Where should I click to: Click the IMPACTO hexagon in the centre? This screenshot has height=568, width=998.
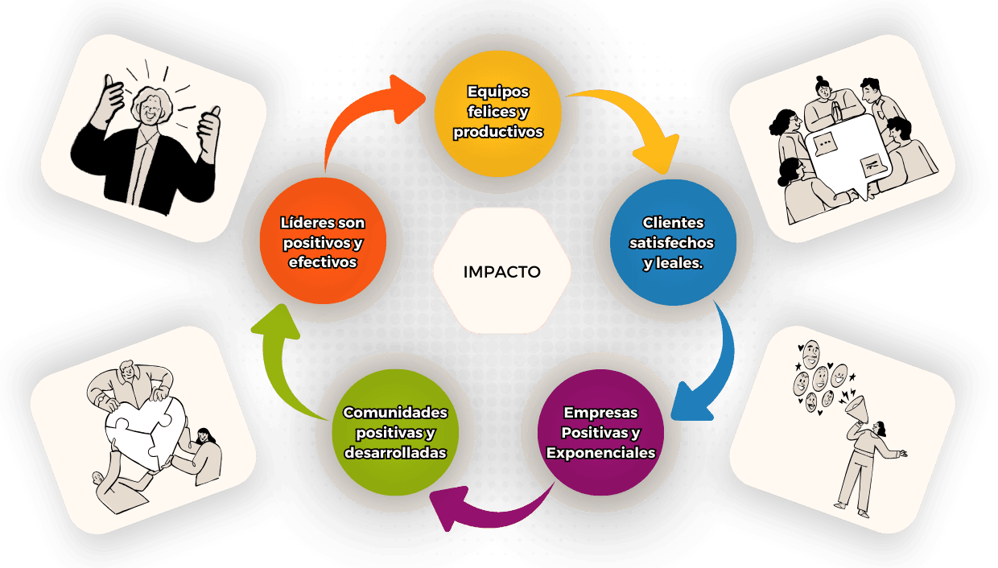[x=502, y=271]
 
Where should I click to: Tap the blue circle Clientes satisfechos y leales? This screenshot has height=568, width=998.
[x=673, y=243]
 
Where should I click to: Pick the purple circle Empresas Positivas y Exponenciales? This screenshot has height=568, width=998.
[x=600, y=433]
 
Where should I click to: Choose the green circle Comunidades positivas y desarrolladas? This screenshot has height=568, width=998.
[x=395, y=433]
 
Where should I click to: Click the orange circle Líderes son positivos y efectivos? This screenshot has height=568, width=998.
[x=323, y=242]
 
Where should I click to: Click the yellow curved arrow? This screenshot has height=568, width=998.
[x=636, y=121]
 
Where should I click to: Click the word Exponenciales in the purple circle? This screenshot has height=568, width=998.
[x=600, y=453]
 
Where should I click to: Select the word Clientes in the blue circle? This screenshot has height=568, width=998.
[x=673, y=223]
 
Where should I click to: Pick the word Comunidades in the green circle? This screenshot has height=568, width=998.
[x=395, y=413]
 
